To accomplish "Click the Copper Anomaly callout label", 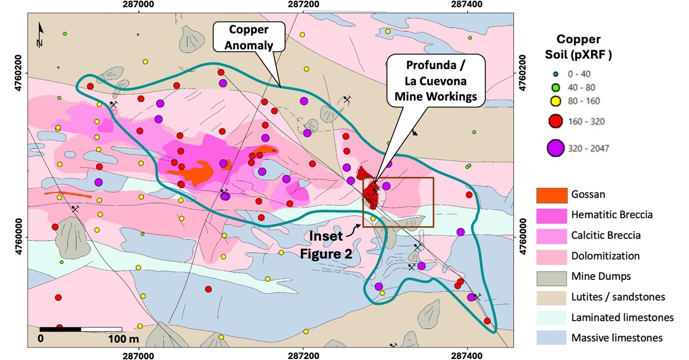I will tap(248, 37).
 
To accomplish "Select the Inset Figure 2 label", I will tap(325, 244).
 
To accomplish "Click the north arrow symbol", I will tap(40, 36).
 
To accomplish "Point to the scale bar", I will tap(80, 329).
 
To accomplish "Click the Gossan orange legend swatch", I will tap(551, 194).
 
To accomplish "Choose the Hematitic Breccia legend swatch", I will tap(551, 214).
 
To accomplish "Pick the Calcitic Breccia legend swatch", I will tap(551, 235).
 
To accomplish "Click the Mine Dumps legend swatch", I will tap(551, 276).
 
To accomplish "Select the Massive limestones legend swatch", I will tap(551, 338).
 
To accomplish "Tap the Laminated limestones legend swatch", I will tap(551, 317).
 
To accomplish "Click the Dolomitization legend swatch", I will tap(551, 256).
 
